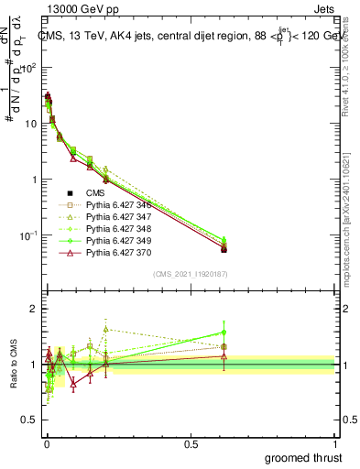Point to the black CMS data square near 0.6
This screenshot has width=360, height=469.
pyautogui.click(x=224, y=249)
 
